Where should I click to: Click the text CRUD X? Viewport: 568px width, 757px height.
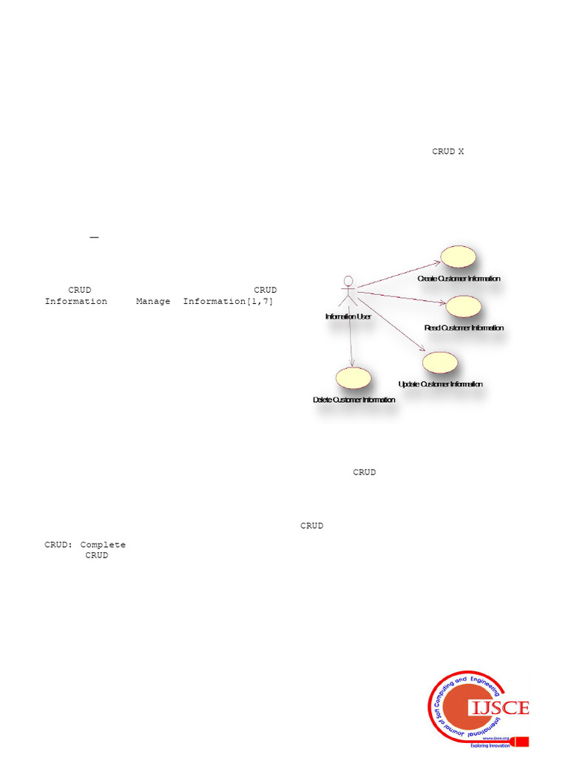point(448,152)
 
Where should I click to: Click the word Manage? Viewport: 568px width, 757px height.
point(153,302)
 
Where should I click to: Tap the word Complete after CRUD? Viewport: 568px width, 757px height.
point(103,545)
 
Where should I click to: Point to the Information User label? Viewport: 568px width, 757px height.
point(348,316)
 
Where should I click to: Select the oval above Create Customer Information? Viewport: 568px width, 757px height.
point(458,256)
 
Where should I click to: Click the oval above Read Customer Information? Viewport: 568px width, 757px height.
point(464,305)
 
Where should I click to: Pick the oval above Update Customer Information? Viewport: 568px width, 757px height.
point(440,362)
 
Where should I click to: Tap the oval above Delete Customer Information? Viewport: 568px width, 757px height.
point(353,377)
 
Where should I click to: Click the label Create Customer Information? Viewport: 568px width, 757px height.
point(459,279)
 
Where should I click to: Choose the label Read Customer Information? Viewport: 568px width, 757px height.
point(464,327)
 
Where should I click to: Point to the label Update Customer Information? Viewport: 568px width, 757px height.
point(440,384)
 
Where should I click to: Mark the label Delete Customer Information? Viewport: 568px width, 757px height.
point(354,400)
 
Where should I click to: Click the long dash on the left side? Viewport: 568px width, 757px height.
point(94,237)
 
